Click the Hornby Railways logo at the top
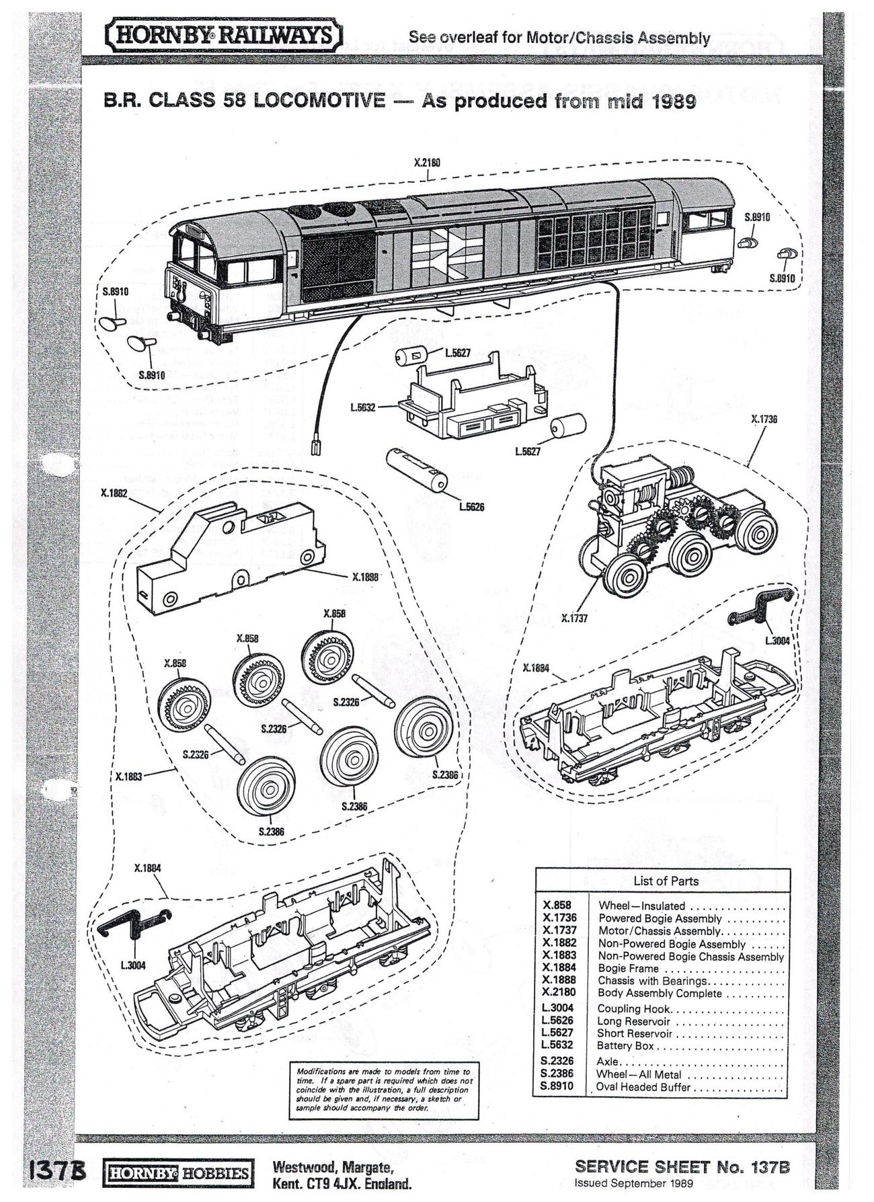(225, 36)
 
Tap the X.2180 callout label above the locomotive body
(427, 163)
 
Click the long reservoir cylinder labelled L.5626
(417, 471)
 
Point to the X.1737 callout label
(574, 618)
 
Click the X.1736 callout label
(764, 419)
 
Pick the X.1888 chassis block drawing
(225, 559)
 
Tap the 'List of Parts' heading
(666, 881)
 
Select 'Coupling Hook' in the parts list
(634, 1008)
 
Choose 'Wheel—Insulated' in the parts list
(641, 906)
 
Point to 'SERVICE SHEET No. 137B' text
(682, 1167)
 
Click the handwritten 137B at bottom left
(56, 1170)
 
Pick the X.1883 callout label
(128, 776)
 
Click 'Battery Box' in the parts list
(625, 1045)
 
